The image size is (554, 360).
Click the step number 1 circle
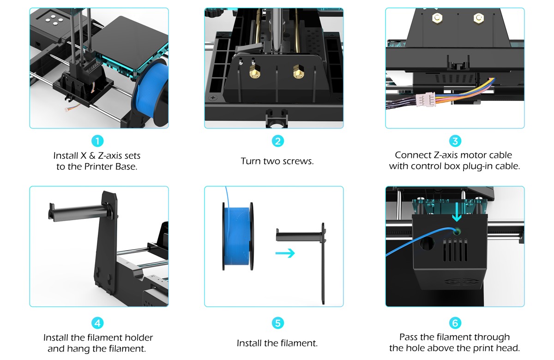(97, 141)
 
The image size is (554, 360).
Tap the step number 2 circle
(278, 141)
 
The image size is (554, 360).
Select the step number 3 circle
(455, 141)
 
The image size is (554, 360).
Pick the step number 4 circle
(97, 323)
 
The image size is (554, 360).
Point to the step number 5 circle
(278, 323)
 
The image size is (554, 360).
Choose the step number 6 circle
(455, 323)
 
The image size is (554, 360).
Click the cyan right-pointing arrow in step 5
(285, 253)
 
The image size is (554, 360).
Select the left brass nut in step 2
(254, 72)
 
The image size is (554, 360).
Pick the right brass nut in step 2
(299, 72)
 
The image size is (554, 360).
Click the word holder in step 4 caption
(138, 337)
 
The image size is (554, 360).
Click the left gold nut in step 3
(437, 18)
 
